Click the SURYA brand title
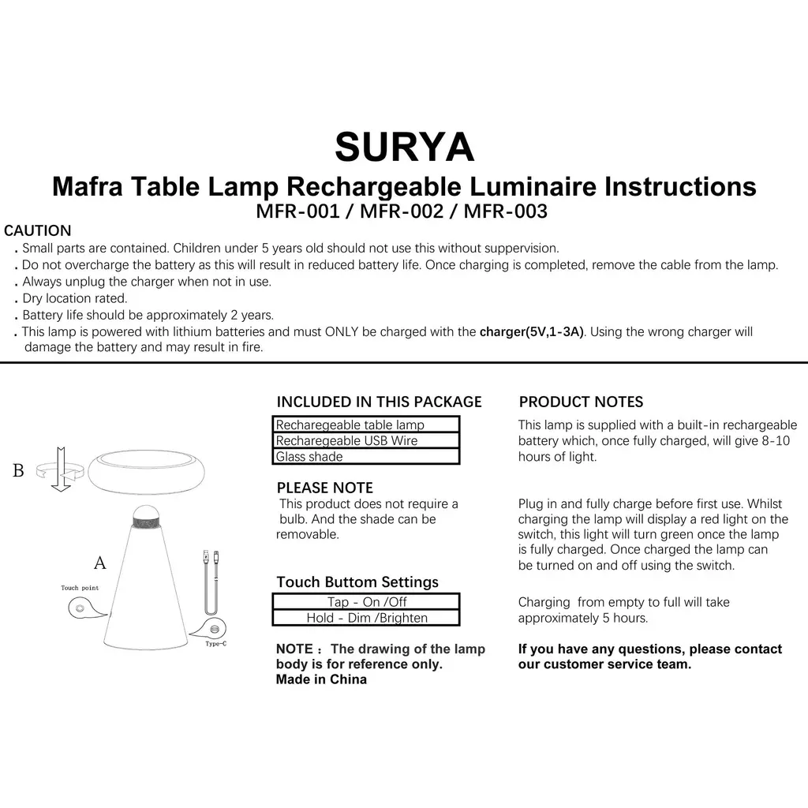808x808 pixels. (x=404, y=147)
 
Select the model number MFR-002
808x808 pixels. (x=402, y=211)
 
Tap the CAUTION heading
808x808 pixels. (x=38, y=231)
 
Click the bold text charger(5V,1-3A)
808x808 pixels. (x=532, y=332)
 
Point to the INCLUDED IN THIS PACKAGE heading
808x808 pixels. (x=379, y=402)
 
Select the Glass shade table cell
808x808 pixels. (x=365, y=456)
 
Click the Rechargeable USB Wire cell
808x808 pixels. (x=365, y=440)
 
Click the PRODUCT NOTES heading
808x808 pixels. (x=581, y=402)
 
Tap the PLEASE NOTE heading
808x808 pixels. (x=324, y=488)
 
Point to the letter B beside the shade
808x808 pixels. (x=19, y=471)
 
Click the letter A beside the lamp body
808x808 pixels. (x=99, y=563)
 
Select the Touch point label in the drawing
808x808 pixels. (x=80, y=588)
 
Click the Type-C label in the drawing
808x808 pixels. (x=215, y=645)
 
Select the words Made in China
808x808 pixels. (x=321, y=679)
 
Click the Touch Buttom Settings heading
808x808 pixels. (x=357, y=582)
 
